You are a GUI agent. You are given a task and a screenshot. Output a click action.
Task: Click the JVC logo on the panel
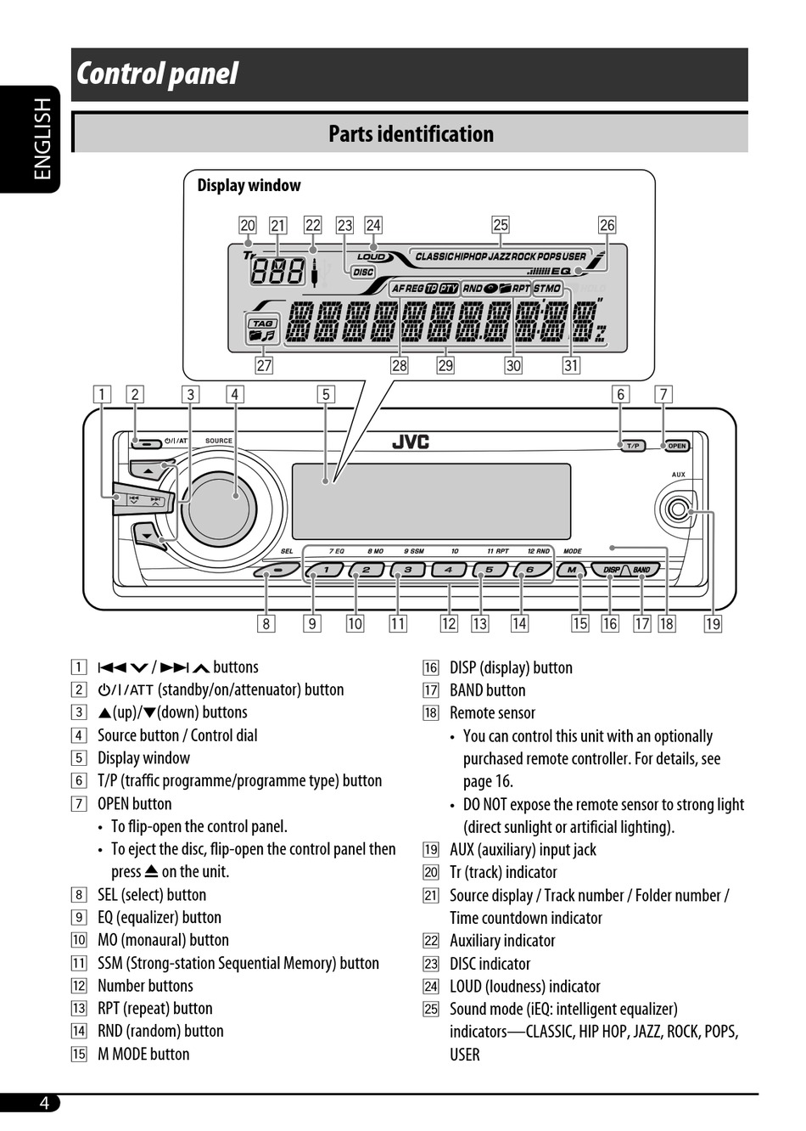point(411,442)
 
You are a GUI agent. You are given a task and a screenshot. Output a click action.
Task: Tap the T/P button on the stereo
point(632,446)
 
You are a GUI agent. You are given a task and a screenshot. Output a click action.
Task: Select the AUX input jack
point(677,510)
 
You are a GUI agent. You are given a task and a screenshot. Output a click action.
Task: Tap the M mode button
point(572,571)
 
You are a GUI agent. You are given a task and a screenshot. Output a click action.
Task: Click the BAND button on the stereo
point(641,571)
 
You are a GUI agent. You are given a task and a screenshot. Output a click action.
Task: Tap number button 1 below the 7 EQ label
point(326,571)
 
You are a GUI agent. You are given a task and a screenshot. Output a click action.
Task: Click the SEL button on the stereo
point(277,571)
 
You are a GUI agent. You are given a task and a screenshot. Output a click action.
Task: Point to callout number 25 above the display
point(501,225)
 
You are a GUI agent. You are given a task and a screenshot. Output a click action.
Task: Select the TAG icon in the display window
point(263,324)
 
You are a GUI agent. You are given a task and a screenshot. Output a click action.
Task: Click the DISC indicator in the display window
point(363,273)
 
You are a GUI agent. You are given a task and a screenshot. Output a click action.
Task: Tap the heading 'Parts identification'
point(411,134)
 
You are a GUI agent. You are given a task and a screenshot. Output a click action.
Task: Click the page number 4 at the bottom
point(44,1103)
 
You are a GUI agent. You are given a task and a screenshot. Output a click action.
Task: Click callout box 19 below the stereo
point(713,624)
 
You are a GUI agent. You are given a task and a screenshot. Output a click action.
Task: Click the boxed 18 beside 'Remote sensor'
point(431,713)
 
